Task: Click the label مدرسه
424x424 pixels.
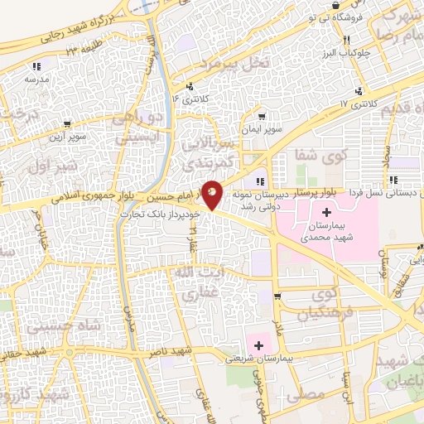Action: coord(36,79)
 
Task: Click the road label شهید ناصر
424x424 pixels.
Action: coord(176,352)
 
